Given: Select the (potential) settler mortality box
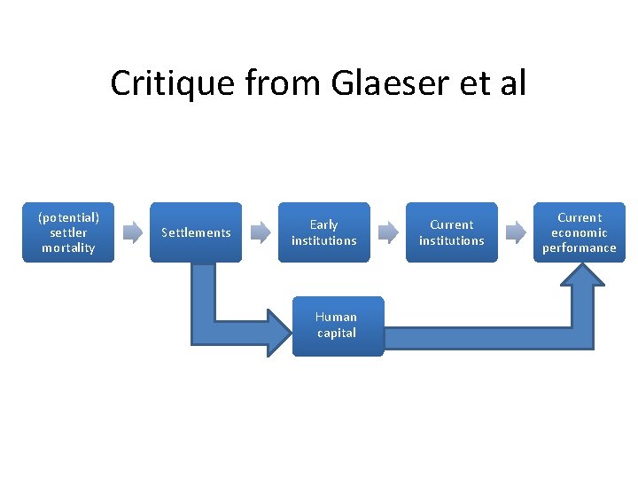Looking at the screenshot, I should tap(68, 232).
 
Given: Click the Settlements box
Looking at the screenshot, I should tap(196, 232).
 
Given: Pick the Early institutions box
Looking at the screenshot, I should tap(323, 232).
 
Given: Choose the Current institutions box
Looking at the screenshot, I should tap(451, 232).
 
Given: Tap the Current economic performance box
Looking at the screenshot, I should tap(580, 232).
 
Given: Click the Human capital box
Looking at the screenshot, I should tap(337, 326).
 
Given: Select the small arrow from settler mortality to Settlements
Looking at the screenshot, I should tap(132, 232).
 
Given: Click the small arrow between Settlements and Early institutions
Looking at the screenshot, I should tap(260, 232).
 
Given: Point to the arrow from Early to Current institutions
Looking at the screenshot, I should tap(387, 232).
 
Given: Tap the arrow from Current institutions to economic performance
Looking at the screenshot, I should tap(515, 232).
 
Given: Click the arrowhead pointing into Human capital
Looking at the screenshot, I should tap(277, 333).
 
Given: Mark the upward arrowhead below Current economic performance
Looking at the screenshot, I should tap(580, 277).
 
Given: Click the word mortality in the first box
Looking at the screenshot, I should tap(68, 248).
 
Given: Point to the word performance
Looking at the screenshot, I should tap(580, 248).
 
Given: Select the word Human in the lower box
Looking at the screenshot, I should tap(337, 317).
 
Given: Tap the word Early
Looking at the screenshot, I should tap(323, 224).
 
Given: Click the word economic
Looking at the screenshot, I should tap(580, 232).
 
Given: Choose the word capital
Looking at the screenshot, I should tap(337, 334).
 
